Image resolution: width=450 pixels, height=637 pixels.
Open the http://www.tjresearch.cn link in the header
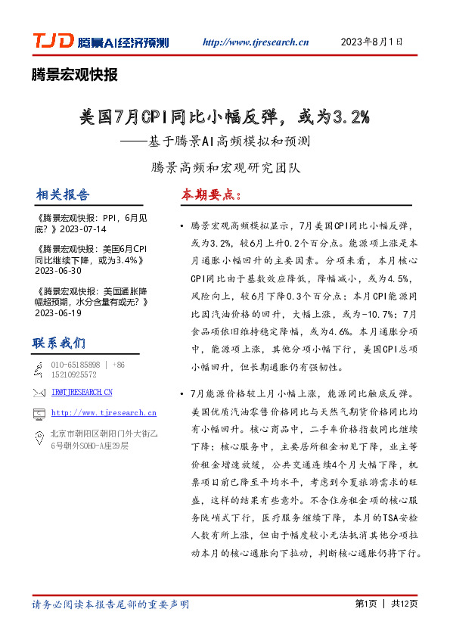tap(256, 42)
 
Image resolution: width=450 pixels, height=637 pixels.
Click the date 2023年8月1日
tap(372, 42)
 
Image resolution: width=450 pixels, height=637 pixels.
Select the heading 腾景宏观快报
tap(75, 74)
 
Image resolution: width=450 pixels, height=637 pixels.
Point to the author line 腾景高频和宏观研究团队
tap(225, 166)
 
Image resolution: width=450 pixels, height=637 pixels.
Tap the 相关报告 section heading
tap(62, 194)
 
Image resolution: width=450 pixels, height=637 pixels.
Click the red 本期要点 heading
tap(210, 194)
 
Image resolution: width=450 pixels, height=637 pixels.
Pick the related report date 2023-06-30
tap(59, 270)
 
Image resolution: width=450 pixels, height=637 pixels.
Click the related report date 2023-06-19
tap(59, 312)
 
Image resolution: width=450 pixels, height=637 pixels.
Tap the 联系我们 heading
tap(58, 343)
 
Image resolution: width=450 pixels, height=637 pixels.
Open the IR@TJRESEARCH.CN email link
tap(82, 392)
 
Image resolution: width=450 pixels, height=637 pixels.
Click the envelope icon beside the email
tap(39, 392)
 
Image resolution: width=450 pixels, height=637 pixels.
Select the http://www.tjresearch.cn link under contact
tap(104, 413)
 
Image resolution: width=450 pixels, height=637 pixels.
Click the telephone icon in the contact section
tap(39, 368)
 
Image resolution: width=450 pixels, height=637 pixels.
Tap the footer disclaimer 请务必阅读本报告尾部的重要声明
tap(110, 604)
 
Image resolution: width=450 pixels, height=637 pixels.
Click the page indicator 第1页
tap(366, 604)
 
